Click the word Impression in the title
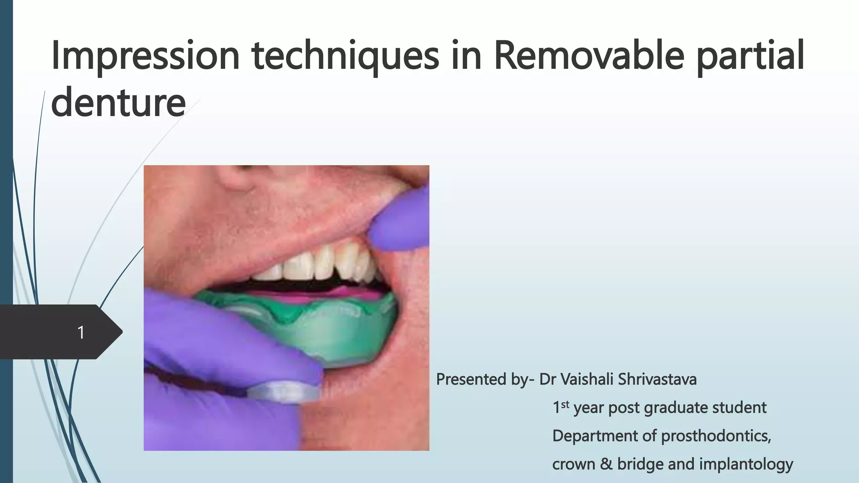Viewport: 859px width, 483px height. coord(145,57)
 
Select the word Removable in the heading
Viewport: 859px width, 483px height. coord(589,57)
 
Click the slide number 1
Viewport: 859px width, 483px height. coord(81,332)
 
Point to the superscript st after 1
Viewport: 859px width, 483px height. coord(565,404)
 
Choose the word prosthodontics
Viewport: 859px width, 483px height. coord(716,436)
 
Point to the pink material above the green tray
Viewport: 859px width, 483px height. coord(336,293)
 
